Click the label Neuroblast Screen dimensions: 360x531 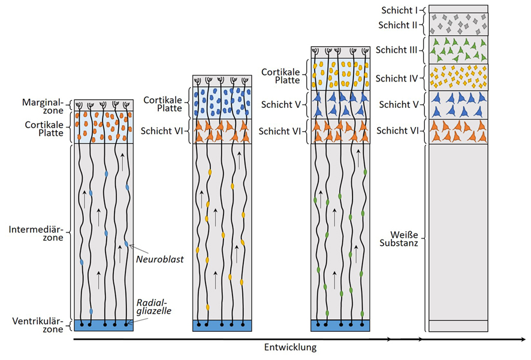[x=159, y=259]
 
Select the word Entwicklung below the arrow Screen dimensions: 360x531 [x=290, y=347]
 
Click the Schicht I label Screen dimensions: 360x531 [x=400, y=10]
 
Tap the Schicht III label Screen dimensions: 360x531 [x=397, y=50]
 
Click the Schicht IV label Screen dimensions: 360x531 [x=397, y=78]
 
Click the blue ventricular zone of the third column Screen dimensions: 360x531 [x=340, y=325]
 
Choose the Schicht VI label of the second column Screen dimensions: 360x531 [x=162, y=132]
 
